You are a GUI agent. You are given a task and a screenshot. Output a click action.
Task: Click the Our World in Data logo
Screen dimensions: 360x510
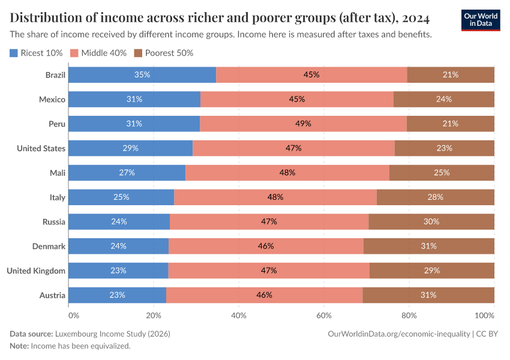(480, 20)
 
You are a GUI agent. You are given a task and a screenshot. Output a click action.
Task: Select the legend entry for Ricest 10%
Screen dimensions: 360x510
(37, 53)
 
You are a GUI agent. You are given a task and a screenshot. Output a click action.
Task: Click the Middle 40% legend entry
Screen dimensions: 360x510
(99, 53)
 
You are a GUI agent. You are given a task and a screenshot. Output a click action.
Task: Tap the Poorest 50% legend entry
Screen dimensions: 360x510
(163, 53)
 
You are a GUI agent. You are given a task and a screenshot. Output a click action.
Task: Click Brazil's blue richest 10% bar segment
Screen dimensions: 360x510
(142, 75)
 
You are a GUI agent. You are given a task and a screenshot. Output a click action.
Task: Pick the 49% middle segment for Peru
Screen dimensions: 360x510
(303, 124)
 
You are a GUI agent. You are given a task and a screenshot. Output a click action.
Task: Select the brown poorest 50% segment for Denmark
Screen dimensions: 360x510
(428, 246)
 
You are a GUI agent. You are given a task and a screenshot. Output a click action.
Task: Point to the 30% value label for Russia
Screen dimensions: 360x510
(431, 221)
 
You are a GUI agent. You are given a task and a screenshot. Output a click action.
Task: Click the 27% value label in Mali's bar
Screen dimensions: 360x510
(127, 173)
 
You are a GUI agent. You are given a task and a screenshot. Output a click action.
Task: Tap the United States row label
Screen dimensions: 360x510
(41, 148)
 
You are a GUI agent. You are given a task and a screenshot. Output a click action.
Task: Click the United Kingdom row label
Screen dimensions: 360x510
(35, 271)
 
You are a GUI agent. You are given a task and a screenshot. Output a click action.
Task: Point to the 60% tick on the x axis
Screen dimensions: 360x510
(324, 315)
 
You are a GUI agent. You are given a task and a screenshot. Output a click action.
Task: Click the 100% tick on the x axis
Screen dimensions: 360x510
(484, 315)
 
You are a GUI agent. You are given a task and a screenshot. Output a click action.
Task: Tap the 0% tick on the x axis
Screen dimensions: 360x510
(73, 315)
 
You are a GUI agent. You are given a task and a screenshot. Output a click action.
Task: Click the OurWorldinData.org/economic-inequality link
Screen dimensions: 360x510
(399, 334)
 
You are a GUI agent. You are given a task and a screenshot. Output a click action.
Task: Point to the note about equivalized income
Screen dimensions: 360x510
(70, 346)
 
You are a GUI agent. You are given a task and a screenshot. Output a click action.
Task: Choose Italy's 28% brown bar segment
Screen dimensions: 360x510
(435, 197)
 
